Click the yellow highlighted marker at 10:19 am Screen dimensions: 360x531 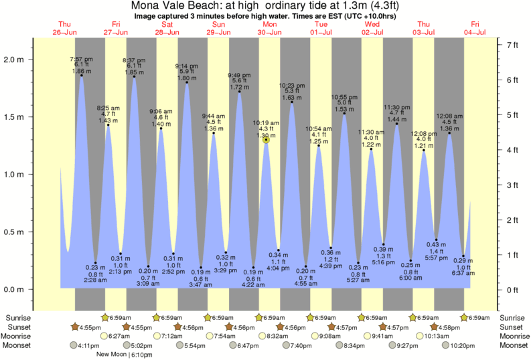click(x=267, y=139)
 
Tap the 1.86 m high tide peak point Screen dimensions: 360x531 click(x=82, y=75)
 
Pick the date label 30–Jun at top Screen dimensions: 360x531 click(x=270, y=32)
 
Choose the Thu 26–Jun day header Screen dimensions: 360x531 click(x=65, y=28)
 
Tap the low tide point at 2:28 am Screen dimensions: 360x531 click(x=96, y=263)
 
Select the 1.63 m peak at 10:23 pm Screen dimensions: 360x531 click(x=292, y=102)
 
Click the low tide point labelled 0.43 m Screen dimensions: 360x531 click(x=436, y=240)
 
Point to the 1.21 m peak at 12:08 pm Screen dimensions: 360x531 click(x=423, y=150)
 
